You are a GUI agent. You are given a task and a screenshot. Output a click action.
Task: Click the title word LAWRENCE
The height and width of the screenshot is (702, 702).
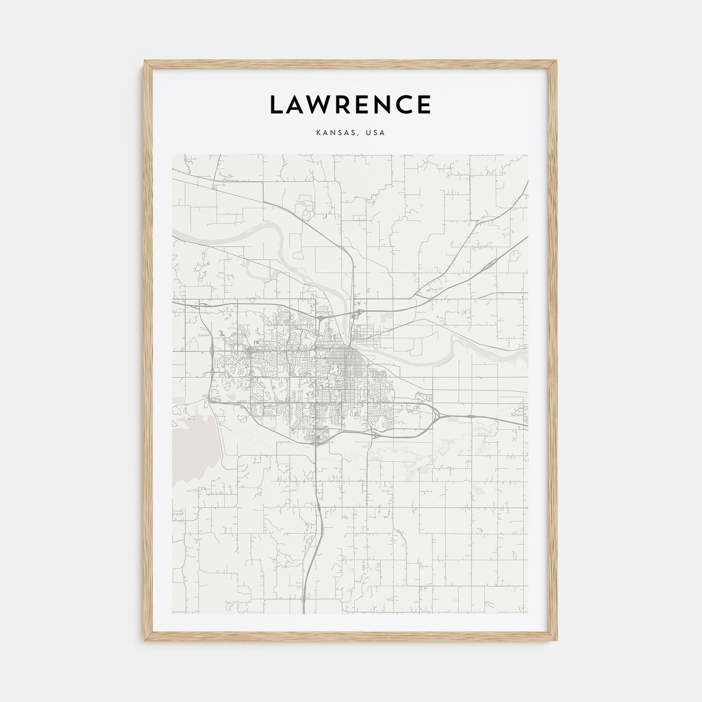click(x=350, y=104)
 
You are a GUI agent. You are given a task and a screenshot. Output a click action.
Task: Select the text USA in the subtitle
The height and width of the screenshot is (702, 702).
click(x=375, y=133)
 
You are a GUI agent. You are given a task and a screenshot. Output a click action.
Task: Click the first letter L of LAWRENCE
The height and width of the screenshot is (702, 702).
click(x=277, y=104)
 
